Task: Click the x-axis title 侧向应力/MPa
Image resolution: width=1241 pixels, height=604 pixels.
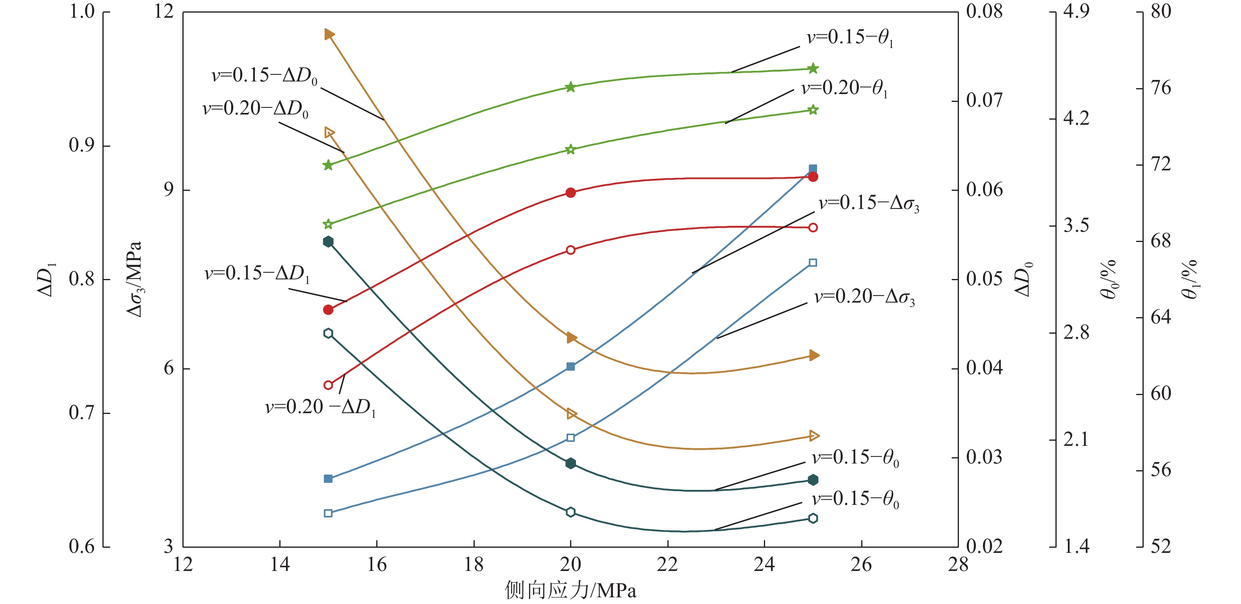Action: click(570, 590)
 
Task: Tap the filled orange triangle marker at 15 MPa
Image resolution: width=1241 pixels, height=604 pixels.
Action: click(329, 34)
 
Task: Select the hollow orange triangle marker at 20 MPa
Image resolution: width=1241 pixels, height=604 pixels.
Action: click(571, 414)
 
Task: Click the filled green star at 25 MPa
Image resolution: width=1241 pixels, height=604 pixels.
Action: click(813, 68)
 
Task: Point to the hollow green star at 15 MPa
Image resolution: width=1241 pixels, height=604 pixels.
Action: click(328, 224)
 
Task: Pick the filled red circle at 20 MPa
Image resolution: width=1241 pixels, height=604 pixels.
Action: click(570, 192)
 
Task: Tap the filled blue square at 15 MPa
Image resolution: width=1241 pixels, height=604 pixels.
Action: click(328, 478)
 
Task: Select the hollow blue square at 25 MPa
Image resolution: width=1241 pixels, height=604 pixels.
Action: click(813, 263)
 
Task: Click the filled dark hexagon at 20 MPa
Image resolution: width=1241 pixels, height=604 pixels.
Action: click(570, 464)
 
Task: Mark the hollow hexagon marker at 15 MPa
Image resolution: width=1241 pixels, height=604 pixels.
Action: click(328, 333)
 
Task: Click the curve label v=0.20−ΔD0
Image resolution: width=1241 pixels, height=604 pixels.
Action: click(255, 109)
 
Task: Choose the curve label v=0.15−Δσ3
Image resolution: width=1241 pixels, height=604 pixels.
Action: click(869, 203)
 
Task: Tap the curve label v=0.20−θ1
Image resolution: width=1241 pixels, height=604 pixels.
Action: click(844, 89)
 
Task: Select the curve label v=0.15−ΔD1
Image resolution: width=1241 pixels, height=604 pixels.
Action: click(257, 274)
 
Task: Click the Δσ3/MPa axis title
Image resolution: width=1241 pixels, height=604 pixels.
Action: click(134, 279)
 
